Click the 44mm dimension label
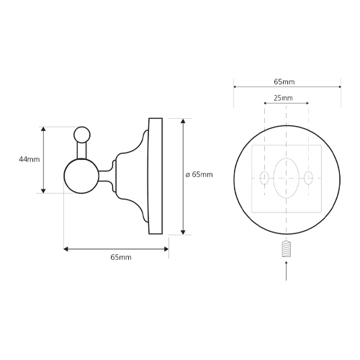tap(30, 159)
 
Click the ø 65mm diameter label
tap(199, 174)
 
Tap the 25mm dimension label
tap(283, 98)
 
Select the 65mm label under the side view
tap(121, 257)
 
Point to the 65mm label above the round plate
tap(284, 82)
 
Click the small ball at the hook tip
tap(82, 135)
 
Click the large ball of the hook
tap(81, 176)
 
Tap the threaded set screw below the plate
tap(286, 249)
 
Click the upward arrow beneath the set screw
tap(286, 271)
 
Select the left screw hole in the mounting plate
tap(264, 178)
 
